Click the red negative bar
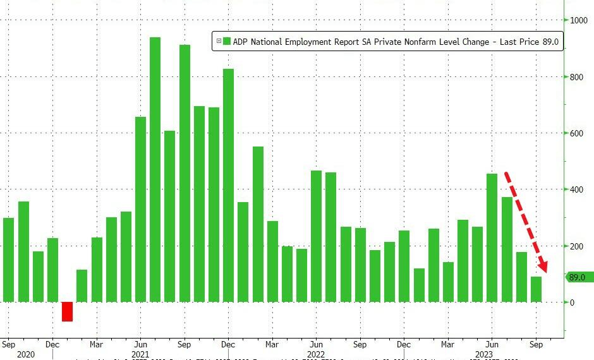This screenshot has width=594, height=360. [x=67, y=311]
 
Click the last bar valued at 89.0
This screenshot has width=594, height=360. [x=536, y=289]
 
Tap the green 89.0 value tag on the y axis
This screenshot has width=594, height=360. [x=578, y=277]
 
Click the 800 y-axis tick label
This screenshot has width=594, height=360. [x=577, y=78]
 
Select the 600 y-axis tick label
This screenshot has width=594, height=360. [x=577, y=133]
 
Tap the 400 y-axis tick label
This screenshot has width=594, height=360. [x=577, y=189]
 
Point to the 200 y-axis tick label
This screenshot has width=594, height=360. [x=577, y=246]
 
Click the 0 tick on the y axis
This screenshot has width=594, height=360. [x=572, y=303]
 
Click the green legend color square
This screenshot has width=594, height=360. [x=227, y=42]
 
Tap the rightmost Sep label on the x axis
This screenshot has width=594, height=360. [x=536, y=345]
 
